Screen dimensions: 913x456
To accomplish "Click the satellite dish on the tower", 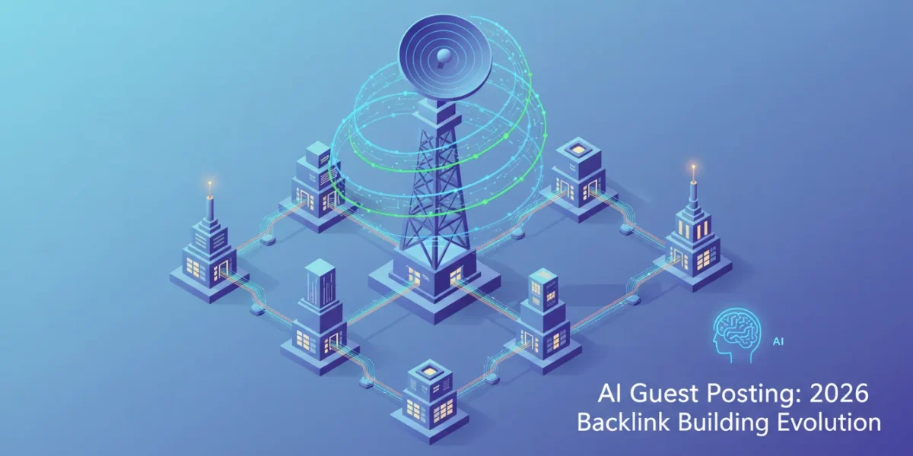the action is [x=445, y=57].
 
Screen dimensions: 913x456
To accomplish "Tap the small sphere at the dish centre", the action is [x=443, y=55].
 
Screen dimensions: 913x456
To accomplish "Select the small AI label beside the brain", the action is [x=778, y=341].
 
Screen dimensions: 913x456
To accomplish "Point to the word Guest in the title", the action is [x=665, y=394].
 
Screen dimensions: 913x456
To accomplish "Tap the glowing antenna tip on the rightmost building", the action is [x=693, y=168].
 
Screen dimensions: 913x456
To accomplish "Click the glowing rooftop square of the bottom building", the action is [x=428, y=371].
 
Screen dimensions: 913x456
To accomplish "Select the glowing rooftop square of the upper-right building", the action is [x=577, y=150].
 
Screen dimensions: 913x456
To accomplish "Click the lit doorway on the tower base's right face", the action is [x=456, y=276].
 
